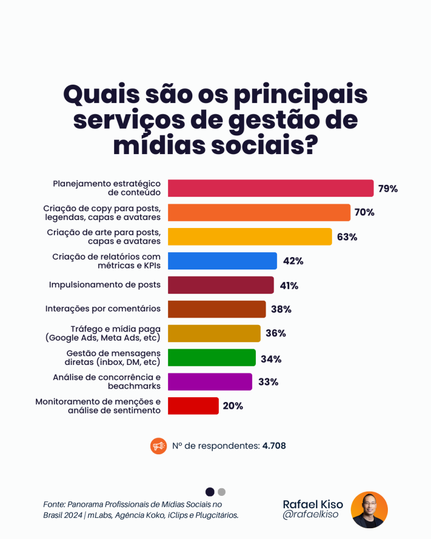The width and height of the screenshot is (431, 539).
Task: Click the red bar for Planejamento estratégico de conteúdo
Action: coord(270,188)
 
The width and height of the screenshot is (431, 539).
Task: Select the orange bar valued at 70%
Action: coord(259,212)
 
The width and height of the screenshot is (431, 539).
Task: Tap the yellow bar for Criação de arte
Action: coord(250,237)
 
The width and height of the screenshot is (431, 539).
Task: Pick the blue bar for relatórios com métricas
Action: coord(223,261)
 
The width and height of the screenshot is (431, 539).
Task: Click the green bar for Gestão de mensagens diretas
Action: coord(212,357)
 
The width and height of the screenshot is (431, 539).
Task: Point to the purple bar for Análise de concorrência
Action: coord(210,382)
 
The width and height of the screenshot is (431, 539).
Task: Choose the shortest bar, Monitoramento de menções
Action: coord(193,406)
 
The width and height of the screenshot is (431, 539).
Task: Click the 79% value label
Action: coord(387,189)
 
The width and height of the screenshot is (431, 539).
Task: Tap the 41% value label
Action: coord(288,286)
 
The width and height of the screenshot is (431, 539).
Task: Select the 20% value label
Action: coord(233,406)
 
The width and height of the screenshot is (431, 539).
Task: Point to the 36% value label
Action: coord(275,333)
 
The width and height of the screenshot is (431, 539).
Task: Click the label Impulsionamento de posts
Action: coord(105,285)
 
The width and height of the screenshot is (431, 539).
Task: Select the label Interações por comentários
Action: coord(103,309)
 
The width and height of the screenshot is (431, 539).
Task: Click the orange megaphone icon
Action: coord(158,446)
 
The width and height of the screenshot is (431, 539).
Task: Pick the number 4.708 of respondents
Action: coord(274,446)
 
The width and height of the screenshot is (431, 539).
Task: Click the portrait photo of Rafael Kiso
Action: coord(369,509)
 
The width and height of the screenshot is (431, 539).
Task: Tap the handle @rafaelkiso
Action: coord(309,515)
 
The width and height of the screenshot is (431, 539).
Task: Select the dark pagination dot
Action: coord(210,492)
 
